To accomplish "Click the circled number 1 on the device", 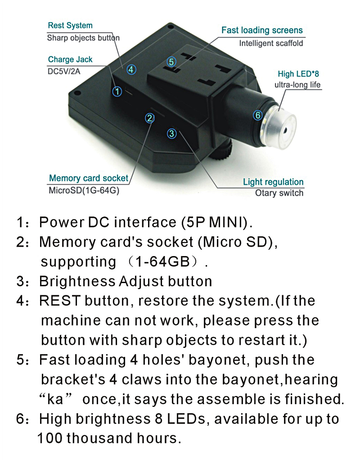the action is [x=117, y=91].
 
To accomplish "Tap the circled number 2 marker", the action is [x=150, y=118].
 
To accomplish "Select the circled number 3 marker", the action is [x=171, y=134].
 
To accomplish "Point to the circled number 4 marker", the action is [x=131, y=69].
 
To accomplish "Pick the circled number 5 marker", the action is [x=171, y=62].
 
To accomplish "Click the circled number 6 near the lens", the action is [x=257, y=115].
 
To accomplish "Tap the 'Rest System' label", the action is [x=70, y=26].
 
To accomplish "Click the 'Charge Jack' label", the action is [x=70, y=59].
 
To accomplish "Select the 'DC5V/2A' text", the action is [x=63, y=71].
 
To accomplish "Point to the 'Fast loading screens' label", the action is [x=262, y=30].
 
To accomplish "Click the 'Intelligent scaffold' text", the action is [x=271, y=43].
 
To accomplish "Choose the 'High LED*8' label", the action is [x=298, y=74].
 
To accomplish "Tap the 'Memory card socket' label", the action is [x=89, y=178].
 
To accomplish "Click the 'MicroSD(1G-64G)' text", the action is [x=84, y=190].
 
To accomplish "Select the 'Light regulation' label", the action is [x=273, y=182].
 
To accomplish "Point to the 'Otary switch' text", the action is [x=279, y=193].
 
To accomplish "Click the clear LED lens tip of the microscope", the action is [x=282, y=128].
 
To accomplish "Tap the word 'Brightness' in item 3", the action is [x=77, y=281].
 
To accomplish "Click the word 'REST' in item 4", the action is [x=60, y=301].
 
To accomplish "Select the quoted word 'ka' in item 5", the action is [x=55, y=399].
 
